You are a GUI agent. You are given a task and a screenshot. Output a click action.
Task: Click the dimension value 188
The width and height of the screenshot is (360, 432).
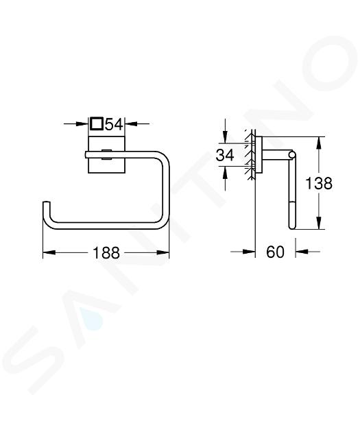coord(106,252)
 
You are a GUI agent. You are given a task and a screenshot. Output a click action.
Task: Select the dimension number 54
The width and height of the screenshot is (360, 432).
coord(114,124)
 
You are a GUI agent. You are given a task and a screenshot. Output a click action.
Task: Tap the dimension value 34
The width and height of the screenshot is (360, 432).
coord(225,155)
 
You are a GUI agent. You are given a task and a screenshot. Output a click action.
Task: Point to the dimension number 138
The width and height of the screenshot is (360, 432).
coord(319,183)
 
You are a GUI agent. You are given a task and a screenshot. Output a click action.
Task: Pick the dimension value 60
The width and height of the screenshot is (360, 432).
coord(275,252)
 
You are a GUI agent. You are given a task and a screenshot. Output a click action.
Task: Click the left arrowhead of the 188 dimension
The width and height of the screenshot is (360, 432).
coord(49,252)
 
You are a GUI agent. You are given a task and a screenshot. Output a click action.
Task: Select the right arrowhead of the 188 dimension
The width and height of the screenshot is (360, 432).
coord(163,252)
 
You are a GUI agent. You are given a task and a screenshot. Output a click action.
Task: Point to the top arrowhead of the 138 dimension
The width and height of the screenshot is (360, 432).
coord(319,143)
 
